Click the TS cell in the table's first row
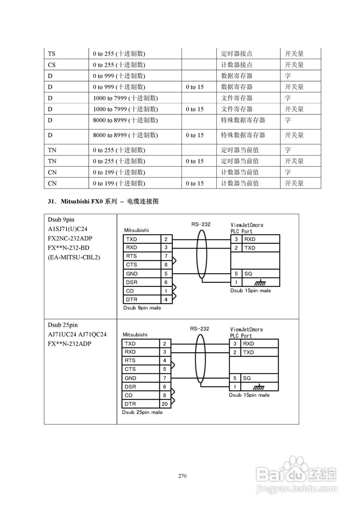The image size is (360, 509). click(x=52, y=54)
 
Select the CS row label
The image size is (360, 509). click(x=52, y=65)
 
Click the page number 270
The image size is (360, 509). click(x=183, y=476)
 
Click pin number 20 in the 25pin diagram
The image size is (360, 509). click(x=165, y=404)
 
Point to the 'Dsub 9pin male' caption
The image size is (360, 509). click(x=142, y=308)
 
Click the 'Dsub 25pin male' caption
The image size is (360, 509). click(x=142, y=412)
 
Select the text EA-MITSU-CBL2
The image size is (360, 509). click(x=74, y=257)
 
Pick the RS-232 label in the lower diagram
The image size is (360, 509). click(x=199, y=329)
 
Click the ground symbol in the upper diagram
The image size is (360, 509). click(x=260, y=283)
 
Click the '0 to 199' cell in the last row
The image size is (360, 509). click(x=119, y=183)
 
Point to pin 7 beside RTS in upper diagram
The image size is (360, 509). click(x=166, y=256)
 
